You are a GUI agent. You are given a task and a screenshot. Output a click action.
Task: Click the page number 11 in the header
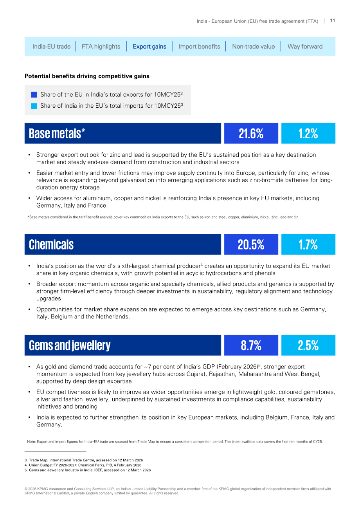[332, 21]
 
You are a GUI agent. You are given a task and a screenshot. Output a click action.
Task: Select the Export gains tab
[149, 47]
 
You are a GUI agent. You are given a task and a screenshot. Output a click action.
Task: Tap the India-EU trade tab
[51, 47]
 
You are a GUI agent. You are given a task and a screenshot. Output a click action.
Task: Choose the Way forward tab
[305, 47]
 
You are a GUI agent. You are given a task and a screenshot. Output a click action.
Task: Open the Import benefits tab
[199, 47]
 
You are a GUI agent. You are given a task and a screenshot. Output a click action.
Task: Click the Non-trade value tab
[253, 47]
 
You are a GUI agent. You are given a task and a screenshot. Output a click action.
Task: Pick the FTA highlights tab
[101, 47]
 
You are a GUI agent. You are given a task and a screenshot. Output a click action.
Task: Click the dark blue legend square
[34, 94]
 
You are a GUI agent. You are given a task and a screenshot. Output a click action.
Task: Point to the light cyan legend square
[34, 106]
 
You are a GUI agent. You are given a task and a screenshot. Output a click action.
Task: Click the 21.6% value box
[251, 133]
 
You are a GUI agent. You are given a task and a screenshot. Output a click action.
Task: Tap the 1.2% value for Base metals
[308, 133]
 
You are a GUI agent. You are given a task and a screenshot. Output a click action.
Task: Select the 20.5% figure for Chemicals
[251, 244]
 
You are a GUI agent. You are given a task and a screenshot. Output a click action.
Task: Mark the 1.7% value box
[308, 244]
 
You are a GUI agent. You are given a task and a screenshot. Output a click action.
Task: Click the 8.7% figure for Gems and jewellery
[251, 345]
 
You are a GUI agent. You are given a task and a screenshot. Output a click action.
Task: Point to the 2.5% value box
[308, 345]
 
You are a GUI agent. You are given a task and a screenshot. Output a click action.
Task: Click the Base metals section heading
[57, 133]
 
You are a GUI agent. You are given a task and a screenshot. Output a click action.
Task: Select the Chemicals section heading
[51, 244]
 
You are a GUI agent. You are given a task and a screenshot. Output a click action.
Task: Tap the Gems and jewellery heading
[70, 345]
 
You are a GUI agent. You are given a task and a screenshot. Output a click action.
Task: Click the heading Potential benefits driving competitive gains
[87, 76]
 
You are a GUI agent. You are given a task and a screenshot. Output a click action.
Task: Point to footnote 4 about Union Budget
[83, 465]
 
